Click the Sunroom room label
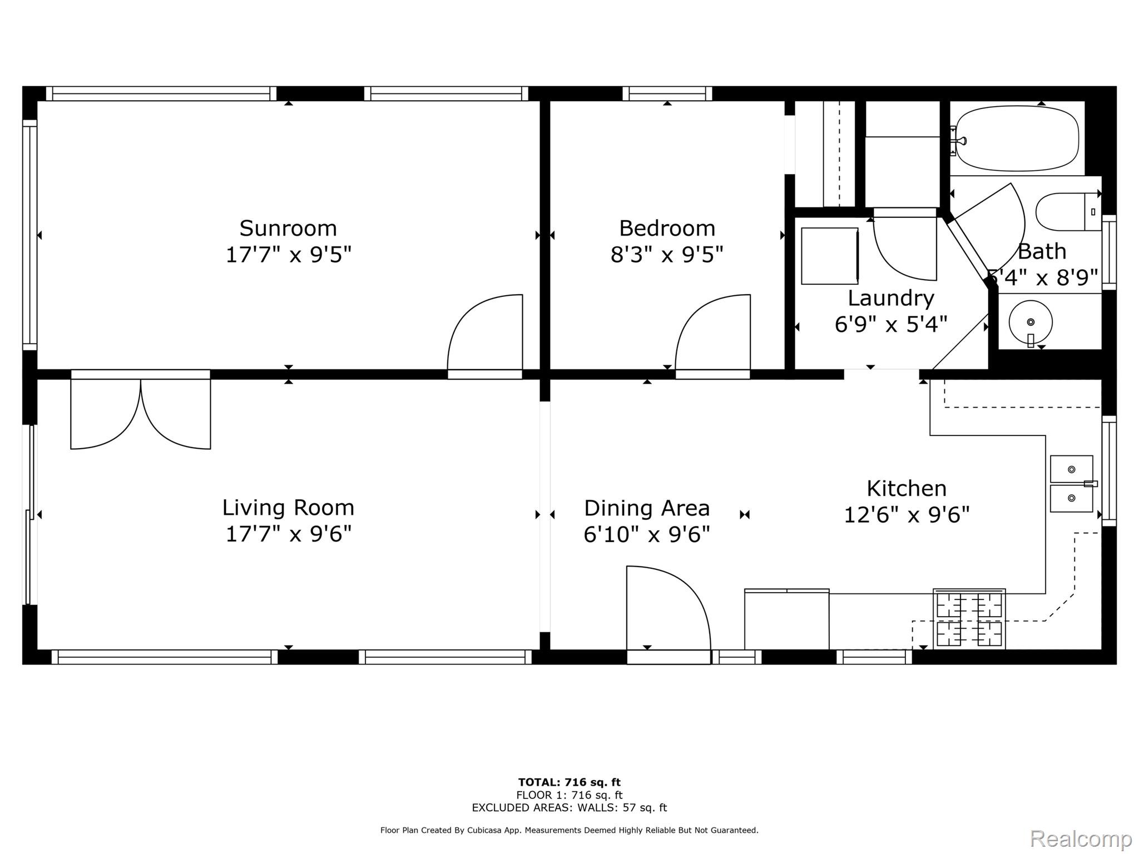288,229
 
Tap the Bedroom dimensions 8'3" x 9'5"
667,255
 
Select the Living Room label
288,508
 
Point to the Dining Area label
647,508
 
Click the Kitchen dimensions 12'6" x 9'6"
907,515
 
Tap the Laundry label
890,299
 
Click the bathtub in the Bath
1017,139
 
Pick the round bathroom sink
1031,322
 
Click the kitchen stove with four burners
969,619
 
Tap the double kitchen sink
1071,484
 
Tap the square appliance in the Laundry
829,256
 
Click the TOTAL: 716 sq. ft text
569,782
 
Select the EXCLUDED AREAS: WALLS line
569,807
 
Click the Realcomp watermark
1080,838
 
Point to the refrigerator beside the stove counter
786,619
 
